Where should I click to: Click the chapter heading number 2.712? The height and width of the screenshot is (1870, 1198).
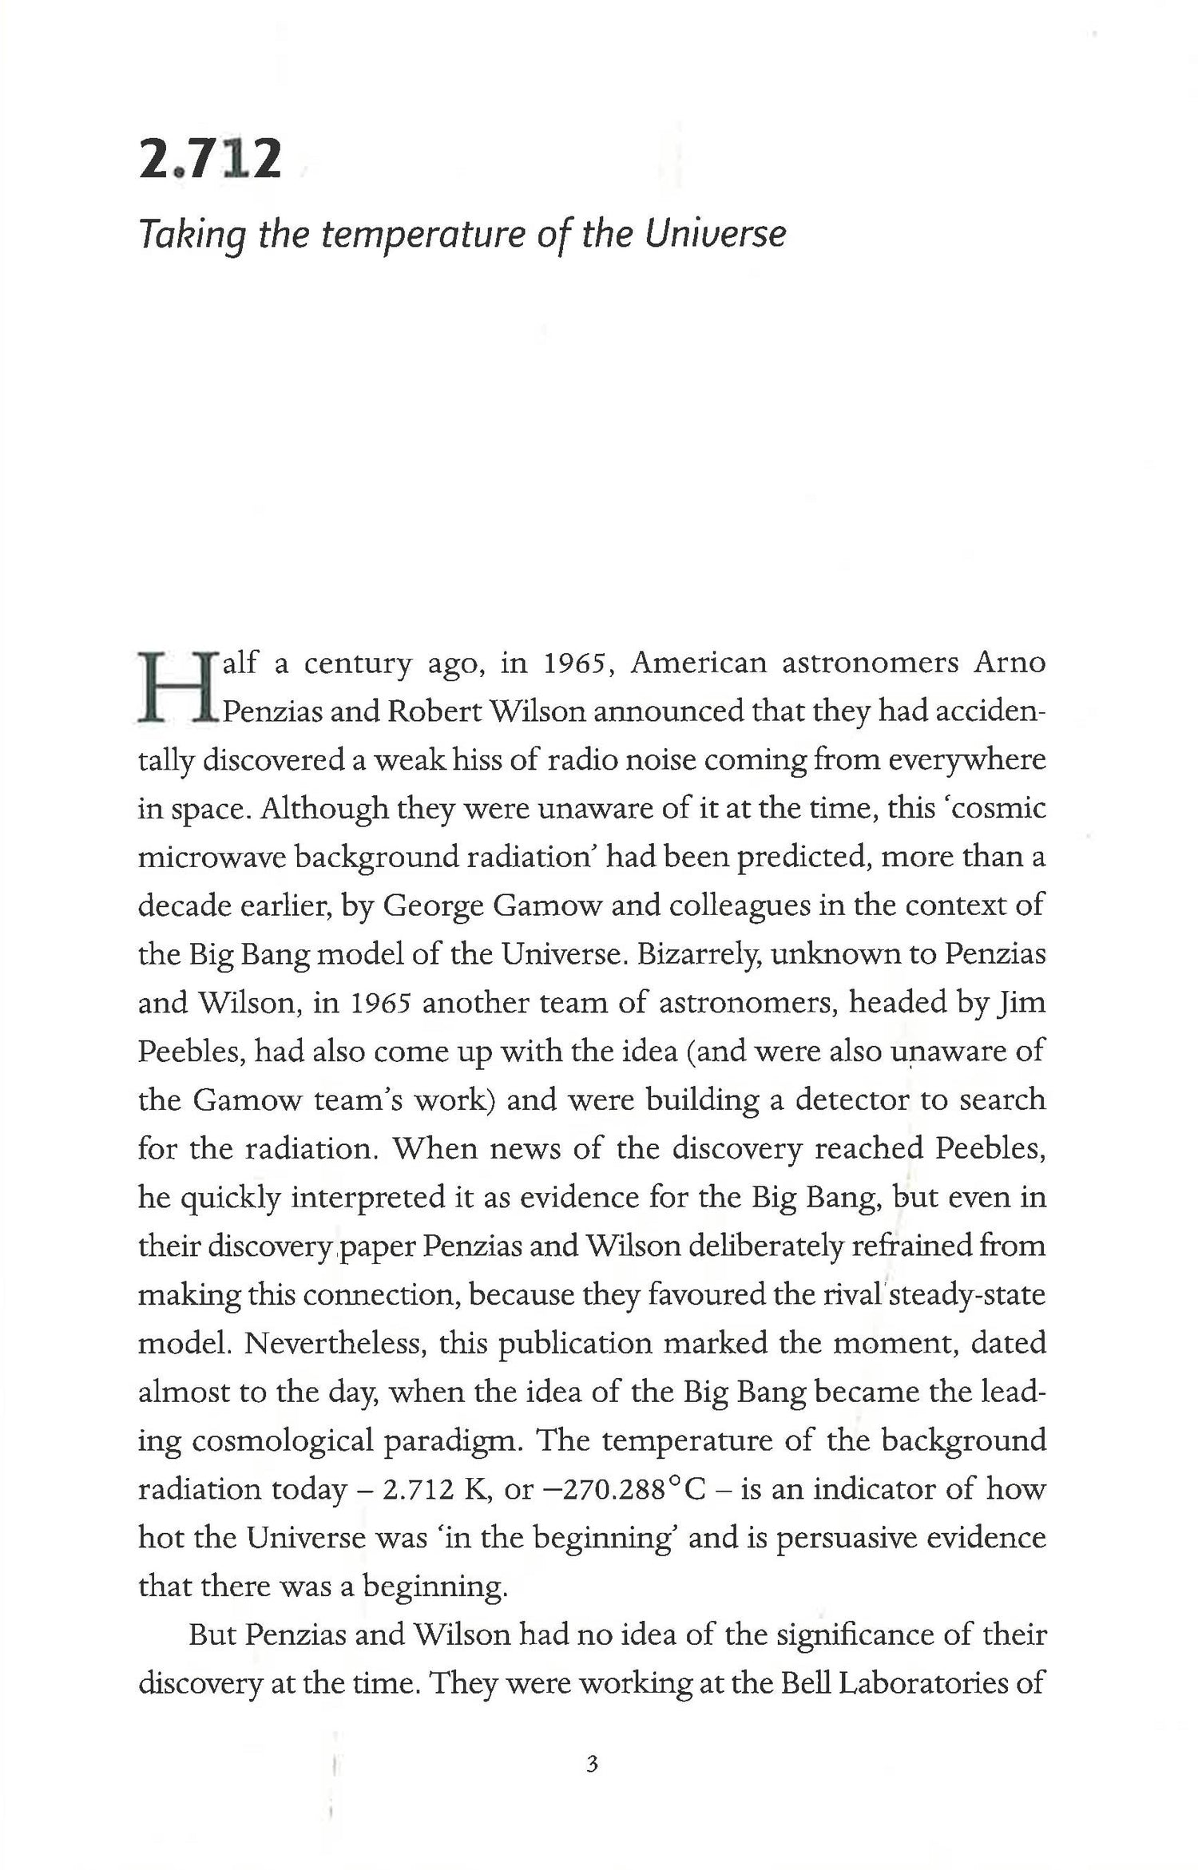210,159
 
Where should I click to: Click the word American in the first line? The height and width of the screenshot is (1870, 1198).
698,664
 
